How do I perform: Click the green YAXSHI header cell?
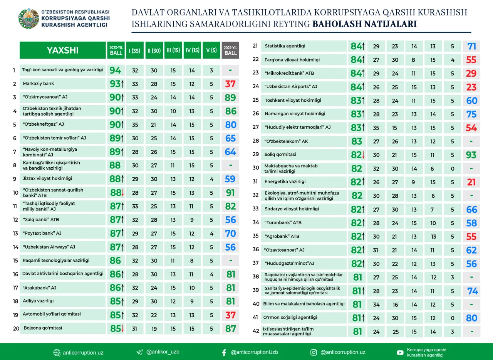tap(62, 50)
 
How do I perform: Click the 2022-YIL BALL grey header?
tap(230, 50)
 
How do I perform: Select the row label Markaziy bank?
tap(39, 84)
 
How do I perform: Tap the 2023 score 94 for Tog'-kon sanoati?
tap(115, 70)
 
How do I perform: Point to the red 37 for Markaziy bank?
tap(230, 84)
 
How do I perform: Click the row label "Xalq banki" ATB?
tap(41, 220)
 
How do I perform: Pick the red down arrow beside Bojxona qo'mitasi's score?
tap(123, 329)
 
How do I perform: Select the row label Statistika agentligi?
tap(285, 46)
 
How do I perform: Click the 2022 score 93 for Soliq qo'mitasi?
tap(471, 155)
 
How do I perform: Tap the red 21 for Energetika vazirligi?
tap(471, 182)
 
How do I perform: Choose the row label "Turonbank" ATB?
tap(283, 223)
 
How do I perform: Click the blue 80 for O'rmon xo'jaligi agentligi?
tap(471, 318)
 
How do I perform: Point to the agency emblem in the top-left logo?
tap(29, 19)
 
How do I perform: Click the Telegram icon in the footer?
tap(139, 352)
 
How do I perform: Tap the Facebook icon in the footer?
tap(224, 352)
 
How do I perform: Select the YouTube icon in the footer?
tap(400, 352)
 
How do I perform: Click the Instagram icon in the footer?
tap(314, 352)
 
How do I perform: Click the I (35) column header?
tap(134, 50)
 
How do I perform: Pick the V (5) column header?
tap(211, 50)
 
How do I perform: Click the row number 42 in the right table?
tap(255, 331)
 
